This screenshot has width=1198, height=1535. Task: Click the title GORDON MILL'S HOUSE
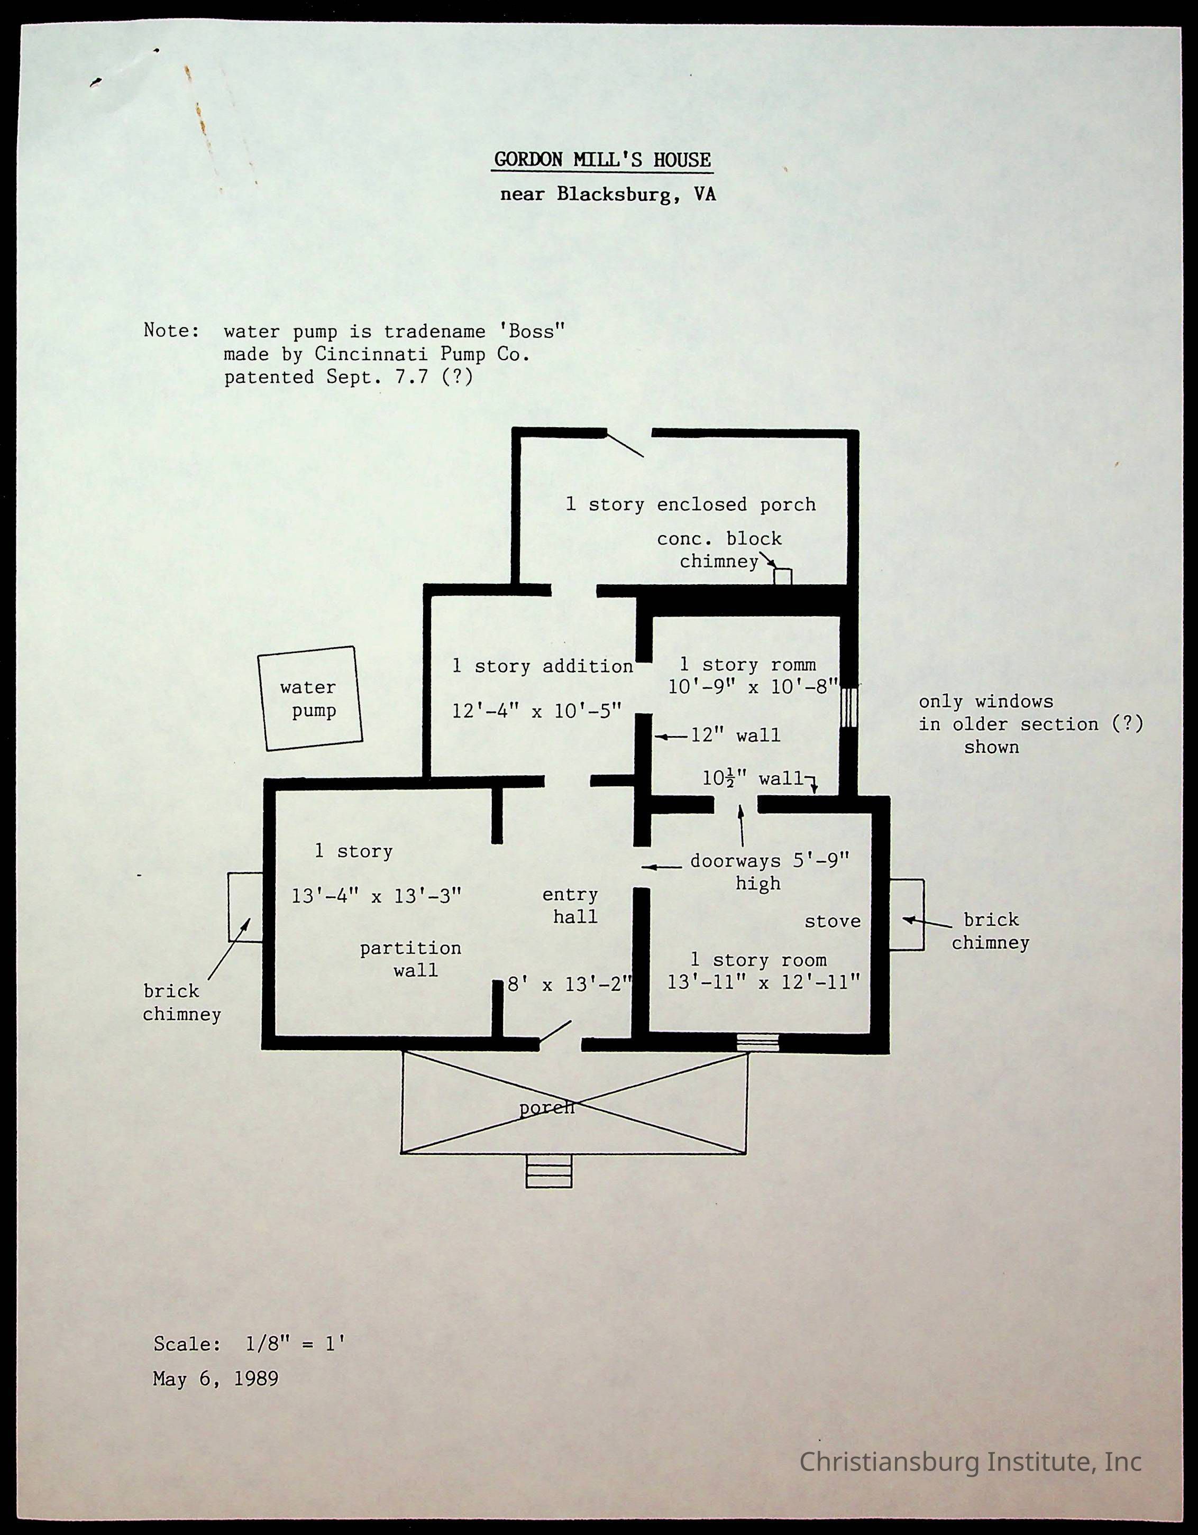[602, 160]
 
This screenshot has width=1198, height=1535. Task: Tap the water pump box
[309, 698]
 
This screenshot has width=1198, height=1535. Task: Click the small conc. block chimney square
[782, 576]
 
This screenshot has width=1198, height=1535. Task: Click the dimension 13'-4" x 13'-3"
[376, 896]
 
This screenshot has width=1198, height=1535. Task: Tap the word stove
[833, 922]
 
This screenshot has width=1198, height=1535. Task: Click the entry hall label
[571, 905]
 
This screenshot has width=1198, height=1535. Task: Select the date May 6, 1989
[216, 1379]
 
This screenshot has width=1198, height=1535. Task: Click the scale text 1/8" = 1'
[295, 1344]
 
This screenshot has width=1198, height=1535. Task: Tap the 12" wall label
[735, 736]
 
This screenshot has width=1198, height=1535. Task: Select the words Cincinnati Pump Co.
[422, 354]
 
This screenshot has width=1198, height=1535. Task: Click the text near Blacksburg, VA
[607, 194]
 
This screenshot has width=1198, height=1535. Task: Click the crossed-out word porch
[547, 1108]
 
